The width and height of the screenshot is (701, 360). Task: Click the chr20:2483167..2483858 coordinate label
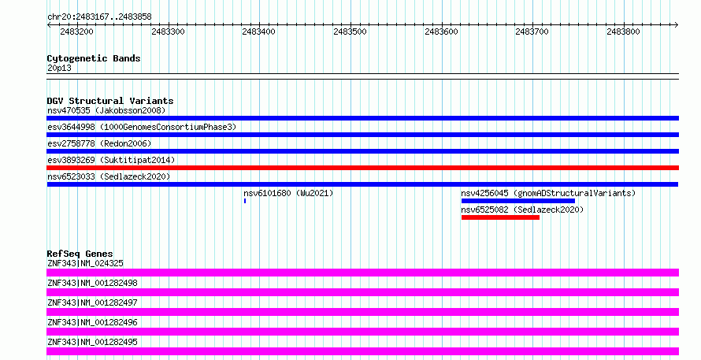[100, 17]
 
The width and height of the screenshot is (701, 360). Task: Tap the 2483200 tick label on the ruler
[77, 32]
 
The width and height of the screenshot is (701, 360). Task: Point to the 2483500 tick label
[350, 32]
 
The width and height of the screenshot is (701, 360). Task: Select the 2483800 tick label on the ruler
[623, 32]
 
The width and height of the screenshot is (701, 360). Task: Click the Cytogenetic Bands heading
[94, 58]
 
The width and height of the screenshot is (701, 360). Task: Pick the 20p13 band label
[59, 68]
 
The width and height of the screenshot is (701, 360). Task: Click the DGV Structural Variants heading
[110, 101]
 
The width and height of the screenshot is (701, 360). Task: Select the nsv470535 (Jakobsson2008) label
[106, 110]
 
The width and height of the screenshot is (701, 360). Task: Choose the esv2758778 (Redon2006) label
[99, 143]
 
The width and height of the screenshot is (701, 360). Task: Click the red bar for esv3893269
[362, 168]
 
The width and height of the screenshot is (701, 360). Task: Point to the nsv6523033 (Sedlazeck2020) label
[109, 176]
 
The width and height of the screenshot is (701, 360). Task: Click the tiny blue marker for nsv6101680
[245, 201]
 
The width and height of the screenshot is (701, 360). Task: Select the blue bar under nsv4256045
[518, 201]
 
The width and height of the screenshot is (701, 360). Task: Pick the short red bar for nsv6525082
[500, 217]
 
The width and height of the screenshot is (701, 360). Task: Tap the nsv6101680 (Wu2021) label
[288, 193]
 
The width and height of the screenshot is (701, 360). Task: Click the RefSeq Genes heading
[80, 254]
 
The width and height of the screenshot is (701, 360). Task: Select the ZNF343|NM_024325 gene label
[85, 263]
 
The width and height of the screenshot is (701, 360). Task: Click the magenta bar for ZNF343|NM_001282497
[362, 312]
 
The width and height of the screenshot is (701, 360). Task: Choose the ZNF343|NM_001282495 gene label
[92, 342]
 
